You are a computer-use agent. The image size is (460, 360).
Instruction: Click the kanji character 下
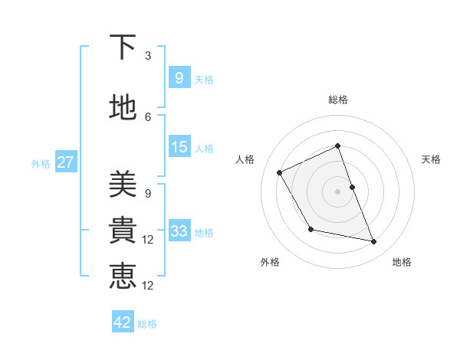pyautogui.click(x=123, y=48)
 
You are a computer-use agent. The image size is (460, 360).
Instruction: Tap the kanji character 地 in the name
pyautogui.click(x=123, y=108)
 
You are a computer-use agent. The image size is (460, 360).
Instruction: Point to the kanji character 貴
pyautogui.click(x=123, y=230)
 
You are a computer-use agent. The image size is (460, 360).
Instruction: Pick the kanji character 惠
pyautogui.click(x=123, y=276)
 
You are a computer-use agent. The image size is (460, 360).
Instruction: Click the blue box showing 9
pyautogui.click(x=179, y=77)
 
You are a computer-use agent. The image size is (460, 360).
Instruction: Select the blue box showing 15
pyautogui.click(x=179, y=147)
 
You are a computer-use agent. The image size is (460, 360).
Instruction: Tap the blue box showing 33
pyautogui.click(x=179, y=231)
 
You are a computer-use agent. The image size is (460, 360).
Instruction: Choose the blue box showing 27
pyautogui.click(x=65, y=162)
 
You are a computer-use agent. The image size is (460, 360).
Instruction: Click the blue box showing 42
pyautogui.click(x=123, y=322)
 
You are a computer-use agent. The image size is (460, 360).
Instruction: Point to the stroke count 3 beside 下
pyautogui.click(x=148, y=56)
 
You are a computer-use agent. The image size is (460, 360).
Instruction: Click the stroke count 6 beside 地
pyautogui.click(x=148, y=116)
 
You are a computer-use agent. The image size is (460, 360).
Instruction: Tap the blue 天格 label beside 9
pyautogui.click(x=204, y=79)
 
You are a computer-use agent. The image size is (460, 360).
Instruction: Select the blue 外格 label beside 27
pyautogui.click(x=41, y=163)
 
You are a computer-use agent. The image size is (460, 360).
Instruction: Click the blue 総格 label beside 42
pyautogui.click(x=147, y=324)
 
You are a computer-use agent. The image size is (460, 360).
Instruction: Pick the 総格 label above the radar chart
pyautogui.click(x=338, y=100)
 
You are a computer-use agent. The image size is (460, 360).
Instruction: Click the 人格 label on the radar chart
pyautogui.click(x=245, y=159)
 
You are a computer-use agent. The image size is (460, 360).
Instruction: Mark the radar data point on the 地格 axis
pyautogui.click(x=374, y=242)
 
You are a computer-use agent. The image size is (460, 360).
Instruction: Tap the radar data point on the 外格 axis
pyautogui.click(x=310, y=229)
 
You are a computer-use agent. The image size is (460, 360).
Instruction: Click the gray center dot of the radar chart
pyautogui.click(x=337, y=191)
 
